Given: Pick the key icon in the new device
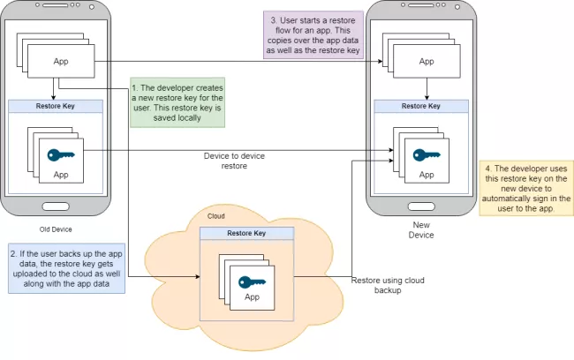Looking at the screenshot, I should [427, 157].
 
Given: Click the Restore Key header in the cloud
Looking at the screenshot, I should [246, 234].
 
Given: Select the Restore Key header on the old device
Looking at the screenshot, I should [55, 107].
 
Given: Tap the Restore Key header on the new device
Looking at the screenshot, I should [420, 106].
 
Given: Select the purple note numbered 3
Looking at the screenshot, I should [313, 34].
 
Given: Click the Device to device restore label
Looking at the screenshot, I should [234, 161].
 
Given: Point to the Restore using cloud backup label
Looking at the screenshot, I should [389, 285].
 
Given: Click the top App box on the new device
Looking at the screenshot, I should [427, 62].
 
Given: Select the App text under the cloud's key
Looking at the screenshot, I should [253, 297].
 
